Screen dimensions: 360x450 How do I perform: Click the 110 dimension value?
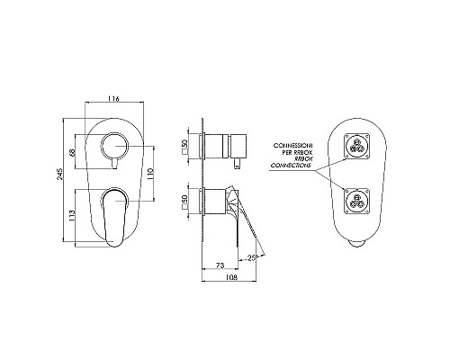point(150,171)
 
